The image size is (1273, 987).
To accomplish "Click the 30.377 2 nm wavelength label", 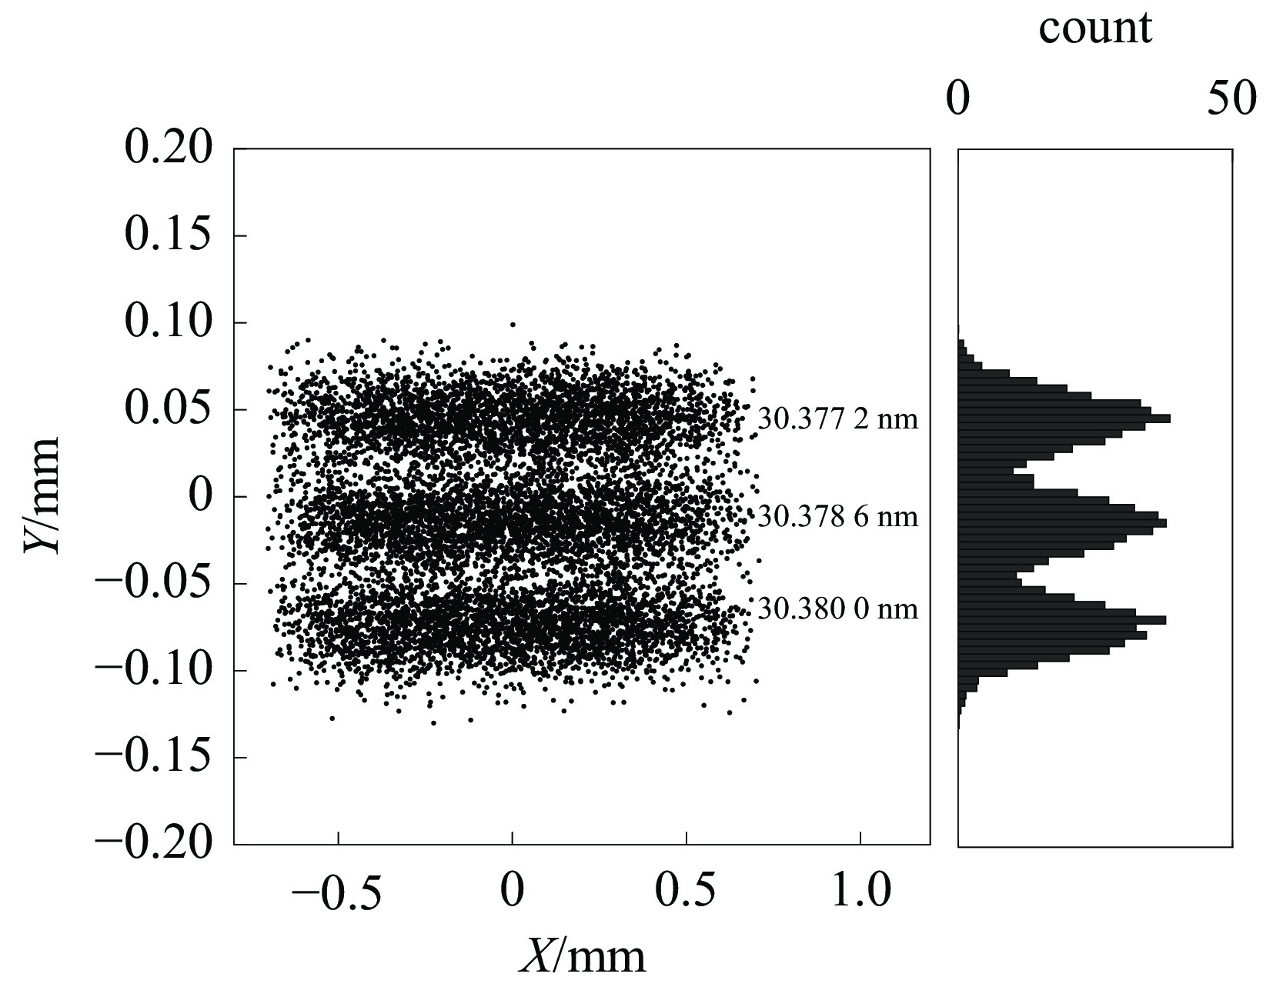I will [x=837, y=419].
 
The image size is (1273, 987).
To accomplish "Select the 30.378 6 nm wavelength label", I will [x=837, y=516].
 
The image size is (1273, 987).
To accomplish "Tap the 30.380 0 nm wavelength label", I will [x=837, y=609].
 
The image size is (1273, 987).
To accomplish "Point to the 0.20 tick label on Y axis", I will [x=168, y=148].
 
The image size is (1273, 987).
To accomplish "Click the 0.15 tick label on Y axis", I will [x=168, y=235].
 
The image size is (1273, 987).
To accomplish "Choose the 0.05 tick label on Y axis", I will [x=168, y=409].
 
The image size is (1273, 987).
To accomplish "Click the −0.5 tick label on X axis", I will [x=336, y=893].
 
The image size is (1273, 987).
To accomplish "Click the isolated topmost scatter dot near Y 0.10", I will [x=513, y=325].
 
